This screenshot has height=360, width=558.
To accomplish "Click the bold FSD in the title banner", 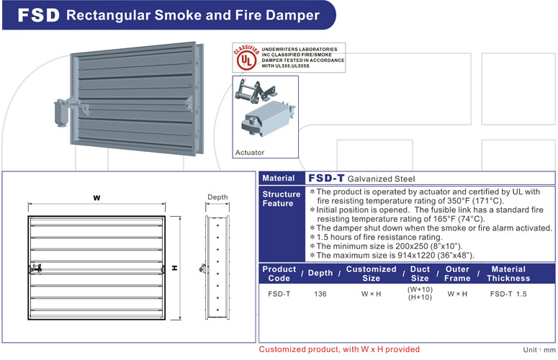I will click(36, 15).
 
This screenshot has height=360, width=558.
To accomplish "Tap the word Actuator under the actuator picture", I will click(251, 153).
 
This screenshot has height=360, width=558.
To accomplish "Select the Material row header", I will click(278, 178).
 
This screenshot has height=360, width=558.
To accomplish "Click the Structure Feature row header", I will click(282, 199).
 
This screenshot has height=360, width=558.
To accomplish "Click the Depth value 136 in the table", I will click(321, 294).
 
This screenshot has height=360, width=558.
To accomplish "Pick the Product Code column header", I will click(279, 274).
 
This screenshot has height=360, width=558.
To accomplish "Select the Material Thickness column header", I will click(508, 274).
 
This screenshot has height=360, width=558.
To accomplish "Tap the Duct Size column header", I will click(420, 274).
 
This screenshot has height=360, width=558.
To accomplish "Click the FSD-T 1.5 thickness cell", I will click(508, 294).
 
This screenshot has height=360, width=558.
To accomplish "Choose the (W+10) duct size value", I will click(420, 289).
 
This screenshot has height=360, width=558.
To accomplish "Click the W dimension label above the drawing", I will click(96, 198).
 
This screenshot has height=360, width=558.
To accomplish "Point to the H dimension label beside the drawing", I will click(175, 268).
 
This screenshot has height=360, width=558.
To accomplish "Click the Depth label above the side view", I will click(217, 197).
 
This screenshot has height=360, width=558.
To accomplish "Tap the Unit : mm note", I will click(538, 349).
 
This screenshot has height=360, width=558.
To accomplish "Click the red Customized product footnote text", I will click(338, 349).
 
